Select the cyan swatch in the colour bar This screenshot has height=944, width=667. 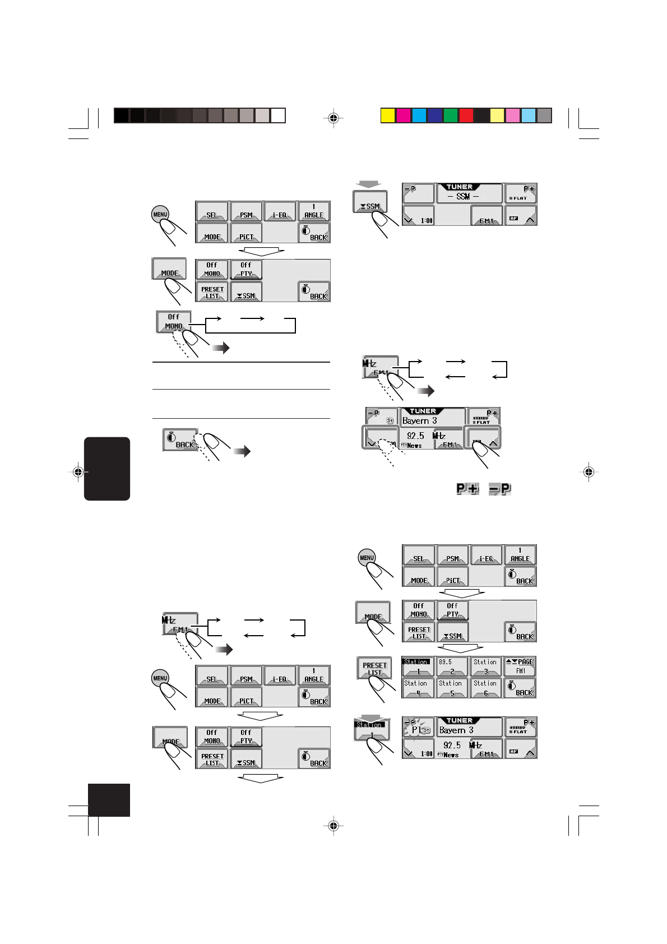pyautogui.click(x=419, y=115)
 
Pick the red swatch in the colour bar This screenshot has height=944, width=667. pyautogui.click(x=466, y=115)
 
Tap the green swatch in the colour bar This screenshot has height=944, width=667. pyautogui.click(x=451, y=115)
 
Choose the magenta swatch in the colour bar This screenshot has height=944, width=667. pyautogui.click(x=404, y=115)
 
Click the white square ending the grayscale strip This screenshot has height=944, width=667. pyautogui.click(x=279, y=115)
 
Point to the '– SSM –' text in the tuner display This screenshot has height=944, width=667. pyautogui.click(x=463, y=196)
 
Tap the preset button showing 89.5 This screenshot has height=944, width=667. pyautogui.click(x=452, y=666)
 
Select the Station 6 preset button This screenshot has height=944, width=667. pyautogui.click(x=485, y=688)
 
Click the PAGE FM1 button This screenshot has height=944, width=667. pyautogui.click(x=520, y=666)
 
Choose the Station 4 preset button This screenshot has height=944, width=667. pyautogui.click(x=418, y=688)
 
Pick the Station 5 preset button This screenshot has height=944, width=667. pyautogui.click(x=452, y=688)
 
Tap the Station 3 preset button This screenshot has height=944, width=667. pyautogui.click(x=485, y=666)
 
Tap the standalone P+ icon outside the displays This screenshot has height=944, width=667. pyautogui.click(x=467, y=489)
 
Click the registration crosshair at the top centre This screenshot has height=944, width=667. pyautogui.click(x=333, y=118)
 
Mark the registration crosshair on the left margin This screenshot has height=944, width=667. pyautogui.click(x=78, y=472)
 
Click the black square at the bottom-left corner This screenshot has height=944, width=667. pyautogui.click(x=109, y=800)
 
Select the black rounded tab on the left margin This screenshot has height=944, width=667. pyautogui.click(x=107, y=469)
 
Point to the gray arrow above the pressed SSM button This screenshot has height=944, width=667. pyautogui.click(x=370, y=184)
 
